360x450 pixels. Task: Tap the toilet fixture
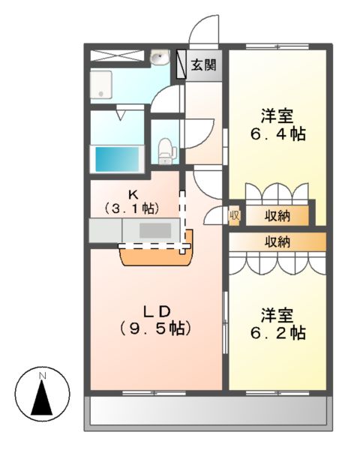coord(166,152)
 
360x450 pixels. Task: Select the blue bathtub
coord(117,159)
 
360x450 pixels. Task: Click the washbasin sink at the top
coord(158,58)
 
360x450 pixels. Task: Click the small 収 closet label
coord(234,215)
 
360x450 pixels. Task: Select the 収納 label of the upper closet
coord(277,216)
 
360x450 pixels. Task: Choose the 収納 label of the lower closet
coord(277,242)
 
